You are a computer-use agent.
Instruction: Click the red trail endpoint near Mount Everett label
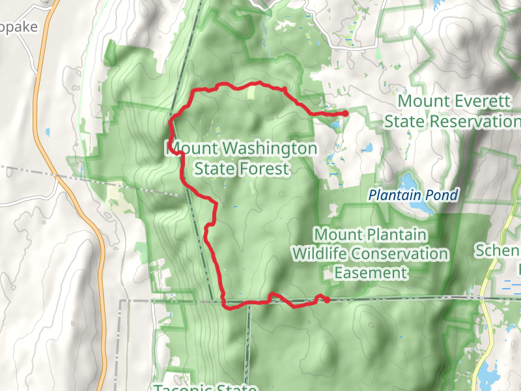(345, 114)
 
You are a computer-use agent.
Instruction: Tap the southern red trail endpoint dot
(326, 300)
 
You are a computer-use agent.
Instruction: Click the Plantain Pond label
(413, 194)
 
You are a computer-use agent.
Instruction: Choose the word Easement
(371, 272)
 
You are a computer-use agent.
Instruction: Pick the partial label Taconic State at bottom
(204, 387)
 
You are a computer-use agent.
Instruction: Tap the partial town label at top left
(20, 27)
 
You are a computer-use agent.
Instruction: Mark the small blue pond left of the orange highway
(48, 132)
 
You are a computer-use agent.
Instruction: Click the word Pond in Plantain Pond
(444, 194)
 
